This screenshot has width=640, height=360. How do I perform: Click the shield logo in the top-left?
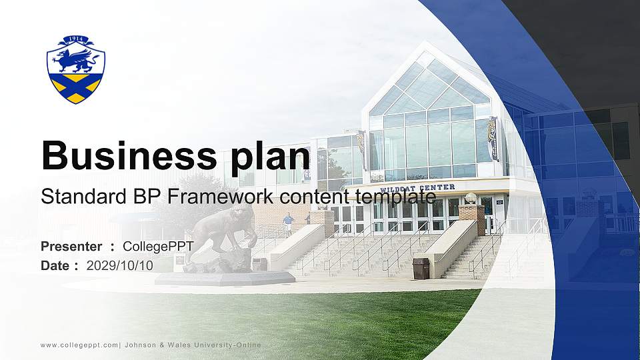(76, 69)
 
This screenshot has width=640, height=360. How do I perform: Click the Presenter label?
(71, 247)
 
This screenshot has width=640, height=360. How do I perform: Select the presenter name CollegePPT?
(158, 247)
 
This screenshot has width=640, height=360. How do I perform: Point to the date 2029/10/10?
(119, 265)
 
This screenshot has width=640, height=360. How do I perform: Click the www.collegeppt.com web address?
(79, 345)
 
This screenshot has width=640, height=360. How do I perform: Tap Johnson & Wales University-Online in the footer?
(193, 345)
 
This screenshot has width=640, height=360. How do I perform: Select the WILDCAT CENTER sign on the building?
(417, 188)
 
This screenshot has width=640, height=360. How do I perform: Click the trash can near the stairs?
(421, 269)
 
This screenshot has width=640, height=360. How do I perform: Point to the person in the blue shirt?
(288, 222)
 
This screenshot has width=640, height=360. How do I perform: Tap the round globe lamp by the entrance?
(471, 198)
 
